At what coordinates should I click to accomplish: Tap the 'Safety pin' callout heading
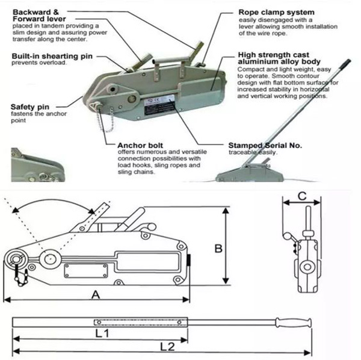[26, 107]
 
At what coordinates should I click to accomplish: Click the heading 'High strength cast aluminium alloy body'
[277, 58]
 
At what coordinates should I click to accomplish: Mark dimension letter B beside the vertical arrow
[218, 247]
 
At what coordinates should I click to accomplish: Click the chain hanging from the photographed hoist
[108, 120]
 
